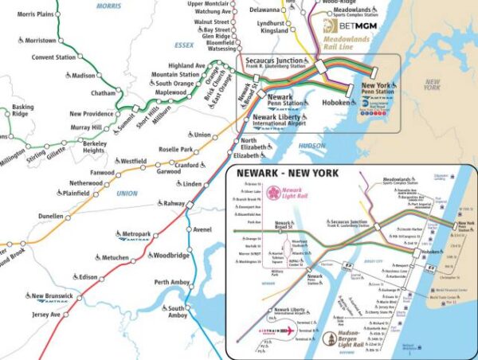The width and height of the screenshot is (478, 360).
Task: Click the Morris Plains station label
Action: coord(36,14)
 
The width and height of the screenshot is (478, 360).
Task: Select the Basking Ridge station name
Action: coord(22,111)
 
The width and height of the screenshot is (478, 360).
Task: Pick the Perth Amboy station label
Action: coord(173,282)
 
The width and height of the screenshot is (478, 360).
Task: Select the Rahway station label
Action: coord(173,203)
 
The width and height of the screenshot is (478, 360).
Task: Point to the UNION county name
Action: coord(127,193)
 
